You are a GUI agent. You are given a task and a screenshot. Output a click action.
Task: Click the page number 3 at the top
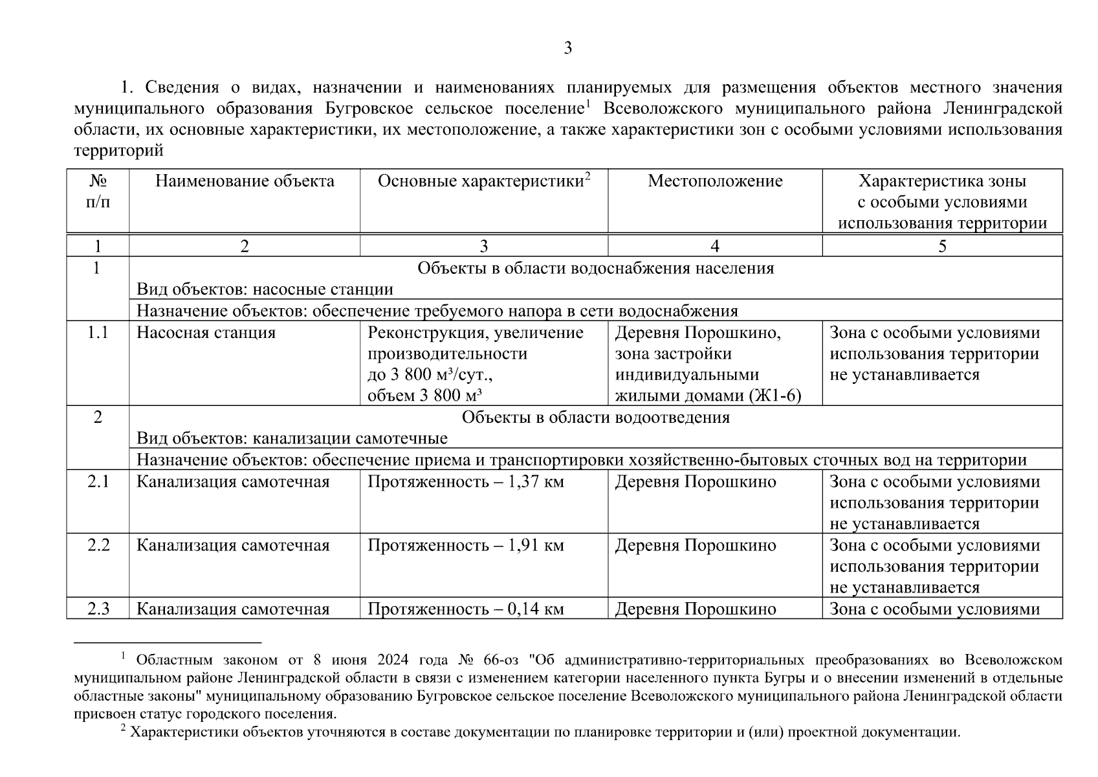coord(567,48)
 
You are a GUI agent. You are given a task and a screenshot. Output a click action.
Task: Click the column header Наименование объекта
coord(245,181)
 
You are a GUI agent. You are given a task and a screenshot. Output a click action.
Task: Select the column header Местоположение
coord(715,181)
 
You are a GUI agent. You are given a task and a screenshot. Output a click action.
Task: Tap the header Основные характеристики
coord(481,181)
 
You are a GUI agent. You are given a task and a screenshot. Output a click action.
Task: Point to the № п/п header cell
coord(98,192)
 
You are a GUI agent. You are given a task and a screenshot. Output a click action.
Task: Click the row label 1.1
coord(98,333)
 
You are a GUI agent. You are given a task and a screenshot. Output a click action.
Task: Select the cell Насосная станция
coord(206,333)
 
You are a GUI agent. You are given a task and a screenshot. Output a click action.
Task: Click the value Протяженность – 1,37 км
coord(465,482)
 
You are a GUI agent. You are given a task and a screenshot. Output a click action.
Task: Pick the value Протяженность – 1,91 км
coord(465,546)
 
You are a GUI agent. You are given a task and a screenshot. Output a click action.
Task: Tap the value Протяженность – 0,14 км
coord(465,609)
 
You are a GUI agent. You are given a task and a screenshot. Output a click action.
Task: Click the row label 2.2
coord(98,546)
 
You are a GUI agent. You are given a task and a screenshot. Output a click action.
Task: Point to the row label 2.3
coord(98,609)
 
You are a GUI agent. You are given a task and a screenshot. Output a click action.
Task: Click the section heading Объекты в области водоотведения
coord(595,418)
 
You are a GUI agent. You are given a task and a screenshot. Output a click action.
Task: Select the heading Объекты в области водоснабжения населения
coord(595,269)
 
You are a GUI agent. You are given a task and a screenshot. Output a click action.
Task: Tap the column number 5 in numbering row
coord(942,246)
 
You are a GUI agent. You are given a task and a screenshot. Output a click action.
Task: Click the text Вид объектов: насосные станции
coord(265,289)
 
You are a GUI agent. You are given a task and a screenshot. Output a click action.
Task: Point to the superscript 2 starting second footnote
coord(123,729)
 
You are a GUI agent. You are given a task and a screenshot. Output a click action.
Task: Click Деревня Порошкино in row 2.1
coord(695,482)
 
